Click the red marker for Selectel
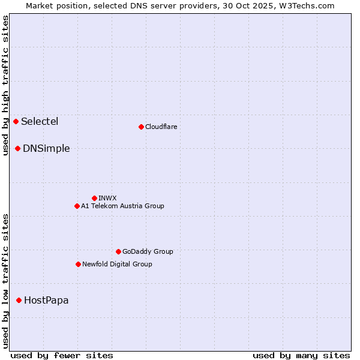16,122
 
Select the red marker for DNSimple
18,148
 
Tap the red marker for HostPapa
19,300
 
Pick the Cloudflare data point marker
141,127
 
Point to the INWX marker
94,198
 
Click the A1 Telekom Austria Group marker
77,206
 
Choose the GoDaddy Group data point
118,251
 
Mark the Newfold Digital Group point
78,264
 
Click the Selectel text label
40,122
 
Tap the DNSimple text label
46,149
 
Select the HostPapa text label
46,300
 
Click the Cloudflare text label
161,127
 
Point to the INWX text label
107,198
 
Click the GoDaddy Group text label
148,251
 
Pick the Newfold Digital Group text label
117,264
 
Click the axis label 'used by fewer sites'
62,355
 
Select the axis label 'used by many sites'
301,355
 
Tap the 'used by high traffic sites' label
5,85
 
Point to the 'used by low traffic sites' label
5,281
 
